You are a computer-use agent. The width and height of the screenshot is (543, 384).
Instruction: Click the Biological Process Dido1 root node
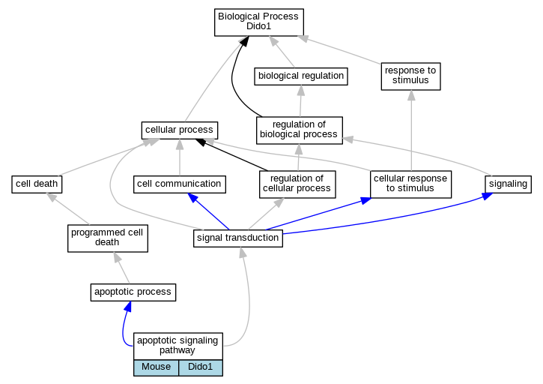click(x=259, y=22)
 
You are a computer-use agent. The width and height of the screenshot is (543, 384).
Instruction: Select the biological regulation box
click(x=301, y=76)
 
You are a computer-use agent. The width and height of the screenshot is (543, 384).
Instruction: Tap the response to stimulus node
click(x=410, y=76)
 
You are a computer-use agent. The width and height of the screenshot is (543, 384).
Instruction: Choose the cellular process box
click(x=180, y=130)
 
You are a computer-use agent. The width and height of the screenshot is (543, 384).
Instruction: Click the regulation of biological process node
click(x=299, y=130)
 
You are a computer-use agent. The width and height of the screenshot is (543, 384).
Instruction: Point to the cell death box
click(x=37, y=184)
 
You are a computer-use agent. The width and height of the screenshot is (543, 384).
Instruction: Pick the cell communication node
click(x=180, y=184)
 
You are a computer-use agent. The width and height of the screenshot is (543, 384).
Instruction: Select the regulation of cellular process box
click(x=297, y=184)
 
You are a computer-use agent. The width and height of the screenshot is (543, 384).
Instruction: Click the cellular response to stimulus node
click(x=410, y=184)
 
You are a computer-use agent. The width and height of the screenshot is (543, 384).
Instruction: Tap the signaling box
click(x=508, y=184)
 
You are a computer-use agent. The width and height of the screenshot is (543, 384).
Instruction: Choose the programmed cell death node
click(x=108, y=238)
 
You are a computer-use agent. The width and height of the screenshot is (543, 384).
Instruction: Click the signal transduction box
click(x=238, y=238)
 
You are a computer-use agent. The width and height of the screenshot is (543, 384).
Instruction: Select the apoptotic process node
click(x=133, y=292)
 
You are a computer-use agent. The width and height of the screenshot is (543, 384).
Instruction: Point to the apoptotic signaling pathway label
click(x=178, y=346)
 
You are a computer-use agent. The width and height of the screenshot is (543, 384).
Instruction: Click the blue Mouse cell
click(x=156, y=367)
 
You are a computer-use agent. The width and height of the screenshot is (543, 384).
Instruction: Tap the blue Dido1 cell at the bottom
click(x=201, y=367)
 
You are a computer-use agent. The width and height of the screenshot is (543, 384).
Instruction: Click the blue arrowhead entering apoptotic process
click(x=128, y=306)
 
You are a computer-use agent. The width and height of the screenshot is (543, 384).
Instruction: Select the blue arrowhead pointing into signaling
click(x=488, y=196)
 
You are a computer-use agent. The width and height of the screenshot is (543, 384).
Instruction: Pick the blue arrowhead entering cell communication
click(x=192, y=197)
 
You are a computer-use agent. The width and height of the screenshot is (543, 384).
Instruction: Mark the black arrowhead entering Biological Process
click(x=244, y=41)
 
